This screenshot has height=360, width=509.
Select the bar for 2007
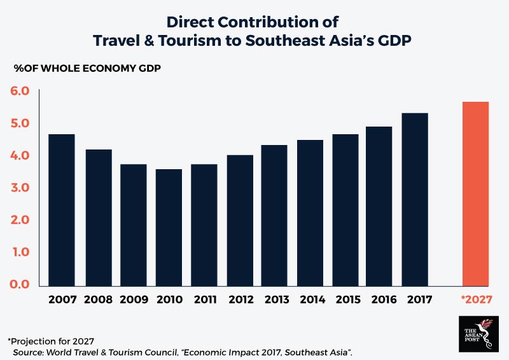point(61,210)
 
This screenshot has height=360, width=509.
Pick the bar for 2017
point(415,200)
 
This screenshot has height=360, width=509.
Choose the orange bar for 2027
point(475,193)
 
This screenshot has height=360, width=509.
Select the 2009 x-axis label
point(134,299)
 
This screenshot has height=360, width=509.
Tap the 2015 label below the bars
point(345,299)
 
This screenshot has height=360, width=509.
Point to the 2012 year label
point(239,299)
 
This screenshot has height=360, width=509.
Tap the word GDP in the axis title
point(147,67)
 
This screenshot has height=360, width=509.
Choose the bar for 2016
point(380,206)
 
